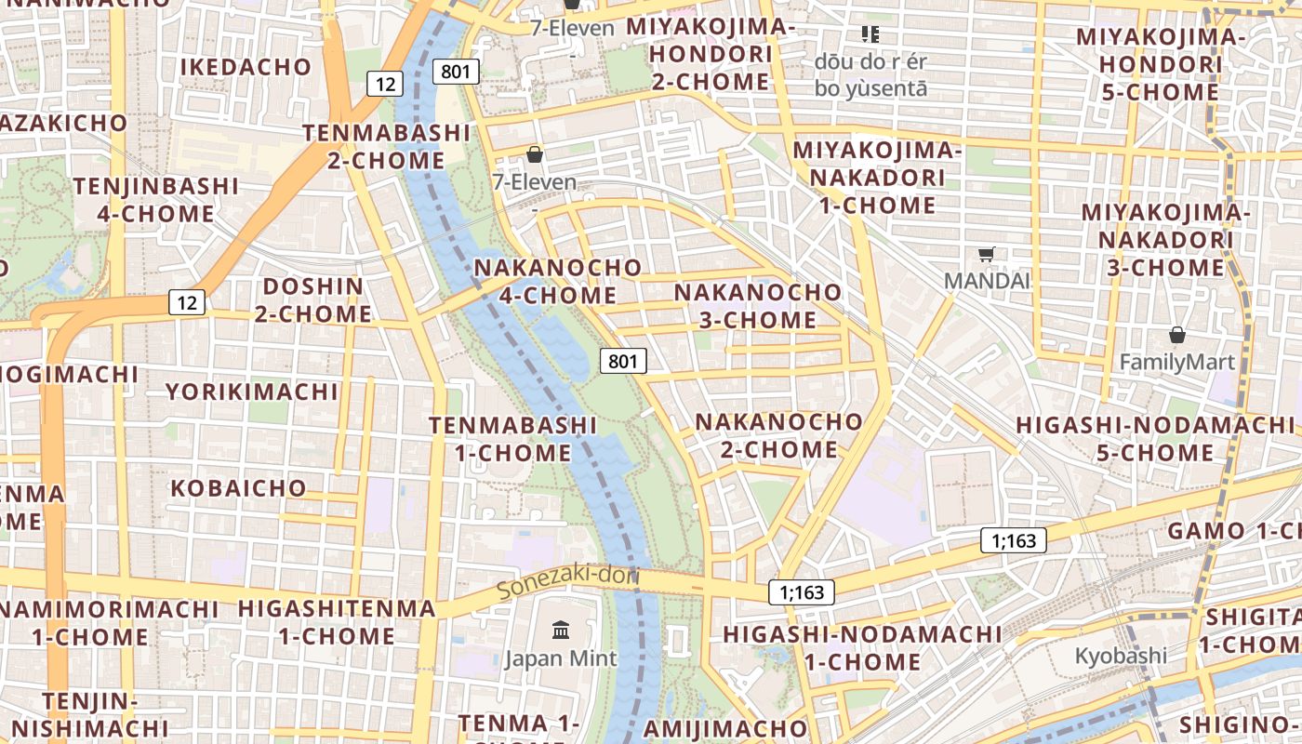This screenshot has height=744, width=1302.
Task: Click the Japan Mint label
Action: point(561,659)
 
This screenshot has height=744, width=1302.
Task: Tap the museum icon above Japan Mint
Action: point(561,631)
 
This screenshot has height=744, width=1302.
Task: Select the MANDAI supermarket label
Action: point(987,281)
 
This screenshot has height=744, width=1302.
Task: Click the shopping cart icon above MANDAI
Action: point(987,254)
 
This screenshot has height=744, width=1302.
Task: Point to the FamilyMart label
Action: point(1176,363)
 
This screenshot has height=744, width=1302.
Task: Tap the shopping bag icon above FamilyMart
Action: point(1177,335)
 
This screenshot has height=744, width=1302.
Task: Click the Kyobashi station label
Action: point(1121,656)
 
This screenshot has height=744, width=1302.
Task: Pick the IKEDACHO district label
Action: point(246,67)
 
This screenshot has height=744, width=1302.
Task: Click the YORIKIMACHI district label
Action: point(252,392)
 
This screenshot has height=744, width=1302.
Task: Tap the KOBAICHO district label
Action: point(238,488)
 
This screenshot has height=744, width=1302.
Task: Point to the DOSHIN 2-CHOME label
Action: point(313,300)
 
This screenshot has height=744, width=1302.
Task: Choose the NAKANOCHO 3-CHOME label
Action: point(758,306)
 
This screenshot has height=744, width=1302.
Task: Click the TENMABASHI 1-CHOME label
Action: point(513,439)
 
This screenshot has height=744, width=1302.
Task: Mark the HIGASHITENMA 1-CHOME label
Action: point(337,623)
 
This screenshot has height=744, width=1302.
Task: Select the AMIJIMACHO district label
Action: point(726,728)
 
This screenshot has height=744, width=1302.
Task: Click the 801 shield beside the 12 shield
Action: point(456,72)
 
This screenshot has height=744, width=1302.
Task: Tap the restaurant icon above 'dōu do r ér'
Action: point(870,35)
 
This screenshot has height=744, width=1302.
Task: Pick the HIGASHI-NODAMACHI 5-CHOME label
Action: point(1155,439)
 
